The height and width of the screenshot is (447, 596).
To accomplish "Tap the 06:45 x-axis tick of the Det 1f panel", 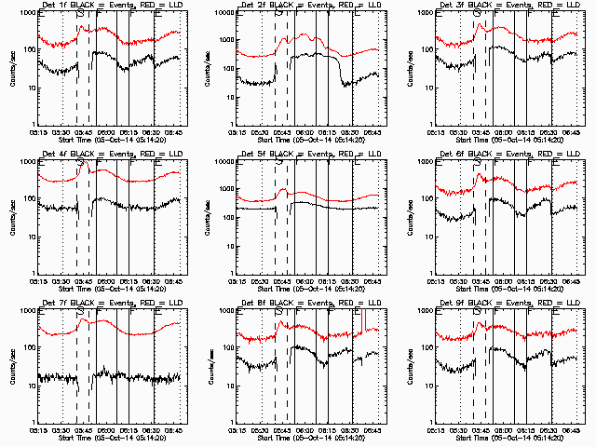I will (x=173, y=131).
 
